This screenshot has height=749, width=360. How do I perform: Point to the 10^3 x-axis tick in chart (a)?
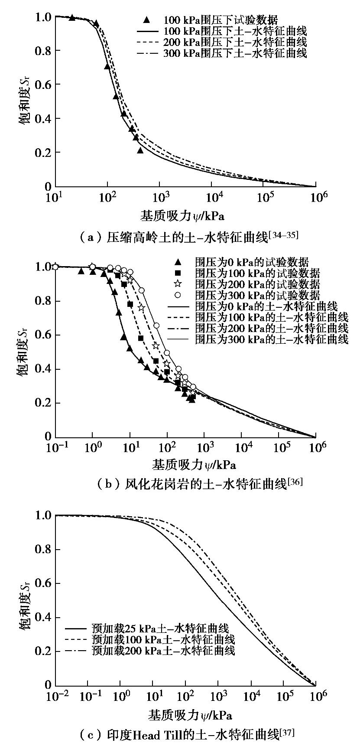pyautogui.click(x=160, y=197)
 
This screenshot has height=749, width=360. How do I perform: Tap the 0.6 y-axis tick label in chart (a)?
pyautogui.click(x=43, y=85)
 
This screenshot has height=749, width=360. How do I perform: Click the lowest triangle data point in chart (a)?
pyautogui.click(x=140, y=150)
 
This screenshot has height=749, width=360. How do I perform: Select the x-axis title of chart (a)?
pyautogui.click(x=182, y=215)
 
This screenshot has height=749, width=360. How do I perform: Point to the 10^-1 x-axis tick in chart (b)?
pyautogui.click(x=55, y=447)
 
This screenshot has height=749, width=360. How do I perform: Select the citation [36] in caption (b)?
pyautogui.click(x=295, y=482)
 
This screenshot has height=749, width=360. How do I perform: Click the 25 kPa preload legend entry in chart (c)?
pyautogui.click(x=149, y=628)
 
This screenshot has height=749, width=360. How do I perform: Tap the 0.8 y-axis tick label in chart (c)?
pyautogui.click(x=43, y=550)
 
